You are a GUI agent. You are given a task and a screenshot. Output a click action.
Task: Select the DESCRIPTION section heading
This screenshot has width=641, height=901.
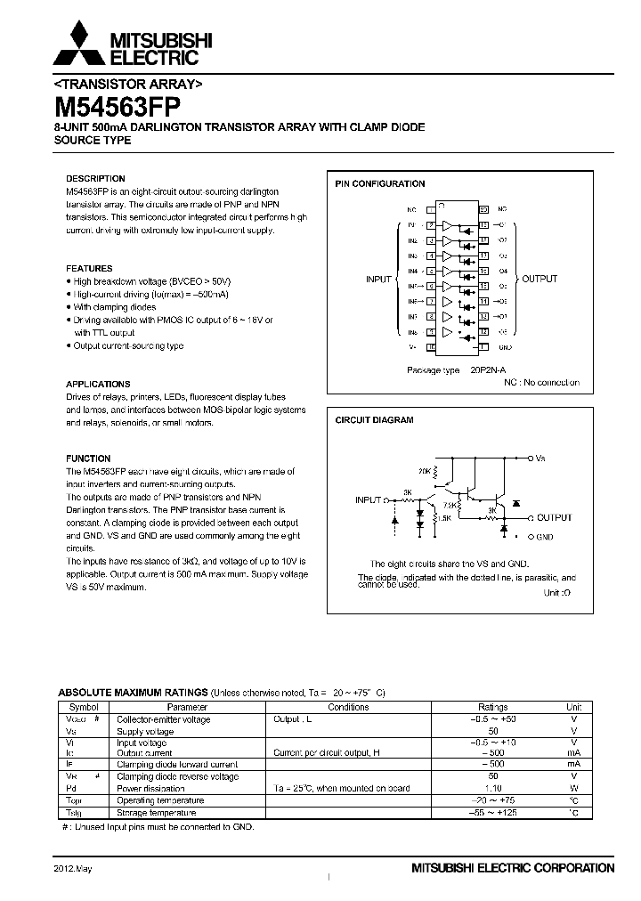(96, 178)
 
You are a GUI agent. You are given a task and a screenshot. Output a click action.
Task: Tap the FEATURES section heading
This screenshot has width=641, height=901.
(90, 268)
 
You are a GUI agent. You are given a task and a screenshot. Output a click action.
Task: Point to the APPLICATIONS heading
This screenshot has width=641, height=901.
(99, 385)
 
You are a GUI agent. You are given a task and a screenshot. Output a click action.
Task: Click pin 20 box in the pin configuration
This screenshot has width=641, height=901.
(483, 209)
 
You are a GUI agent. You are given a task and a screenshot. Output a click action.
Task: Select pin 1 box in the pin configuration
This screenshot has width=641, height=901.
(430, 209)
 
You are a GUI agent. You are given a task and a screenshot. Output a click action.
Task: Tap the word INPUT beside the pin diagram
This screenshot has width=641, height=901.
(379, 280)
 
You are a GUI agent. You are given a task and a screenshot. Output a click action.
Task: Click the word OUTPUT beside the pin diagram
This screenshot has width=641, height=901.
(540, 280)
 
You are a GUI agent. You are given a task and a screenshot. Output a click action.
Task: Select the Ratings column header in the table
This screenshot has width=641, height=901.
(493, 707)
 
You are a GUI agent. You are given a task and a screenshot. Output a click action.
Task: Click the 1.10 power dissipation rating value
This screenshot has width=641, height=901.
(493, 788)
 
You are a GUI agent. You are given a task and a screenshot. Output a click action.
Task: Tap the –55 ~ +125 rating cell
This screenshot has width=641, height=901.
(493, 813)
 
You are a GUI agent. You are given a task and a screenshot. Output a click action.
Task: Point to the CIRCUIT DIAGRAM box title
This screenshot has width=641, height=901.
(374, 420)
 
